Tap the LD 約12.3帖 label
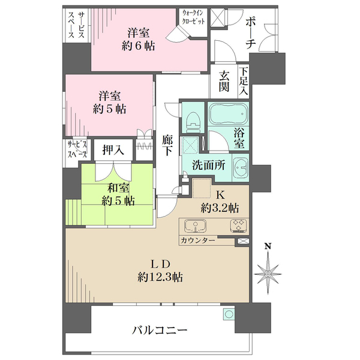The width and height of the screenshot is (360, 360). coord(160,271)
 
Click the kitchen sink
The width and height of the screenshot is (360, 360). coord(195,227)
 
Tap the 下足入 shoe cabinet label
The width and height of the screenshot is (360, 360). coord(244,81)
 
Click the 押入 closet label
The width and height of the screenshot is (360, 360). coord(112,150)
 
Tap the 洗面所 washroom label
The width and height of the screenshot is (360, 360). coord(209,166)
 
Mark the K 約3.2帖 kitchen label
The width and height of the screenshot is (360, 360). coord(220,202)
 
